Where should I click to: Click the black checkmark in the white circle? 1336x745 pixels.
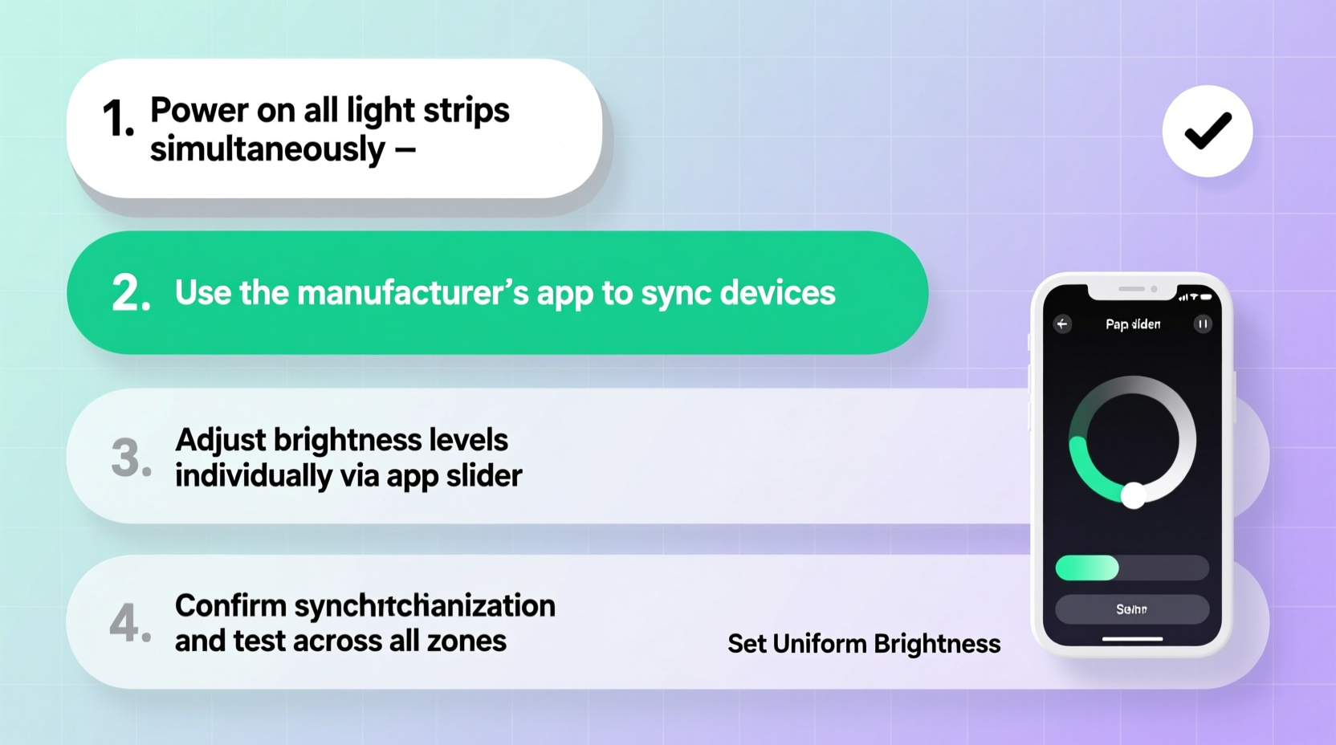(1207, 131)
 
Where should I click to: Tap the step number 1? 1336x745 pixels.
(117, 120)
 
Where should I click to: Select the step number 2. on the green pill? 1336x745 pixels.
(131, 293)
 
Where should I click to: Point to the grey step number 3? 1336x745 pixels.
(130, 458)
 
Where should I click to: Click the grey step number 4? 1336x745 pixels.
(129, 623)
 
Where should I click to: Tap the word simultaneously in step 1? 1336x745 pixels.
(267, 149)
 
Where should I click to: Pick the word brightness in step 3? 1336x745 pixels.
(347, 440)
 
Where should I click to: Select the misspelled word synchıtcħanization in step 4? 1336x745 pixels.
(425, 606)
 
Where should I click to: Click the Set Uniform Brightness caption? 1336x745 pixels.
(864, 644)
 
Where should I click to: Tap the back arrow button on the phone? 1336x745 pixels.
(1062, 324)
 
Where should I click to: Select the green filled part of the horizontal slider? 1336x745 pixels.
(1086, 568)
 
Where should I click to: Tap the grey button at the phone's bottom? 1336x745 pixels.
(1131, 609)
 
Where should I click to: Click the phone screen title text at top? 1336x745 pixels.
(1132, 324)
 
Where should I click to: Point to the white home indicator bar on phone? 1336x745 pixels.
(1132, 639)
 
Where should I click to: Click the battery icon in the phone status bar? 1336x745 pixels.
(1206, 297)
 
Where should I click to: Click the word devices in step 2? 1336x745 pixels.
(778, 293)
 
